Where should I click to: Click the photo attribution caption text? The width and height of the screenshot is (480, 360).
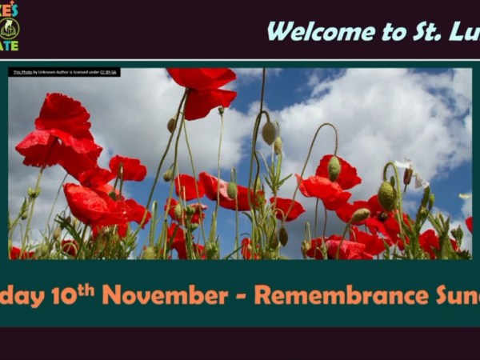[x=64, y=72]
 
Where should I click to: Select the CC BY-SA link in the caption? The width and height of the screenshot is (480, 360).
[x=108, y=72]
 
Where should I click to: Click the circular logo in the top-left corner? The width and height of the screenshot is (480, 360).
[x=9, y=28]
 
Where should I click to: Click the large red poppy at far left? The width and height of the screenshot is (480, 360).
[x=60, y=136]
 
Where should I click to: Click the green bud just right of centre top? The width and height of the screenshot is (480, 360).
[x=269, y=131]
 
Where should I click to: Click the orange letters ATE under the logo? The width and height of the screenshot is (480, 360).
[x=9, y=46]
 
